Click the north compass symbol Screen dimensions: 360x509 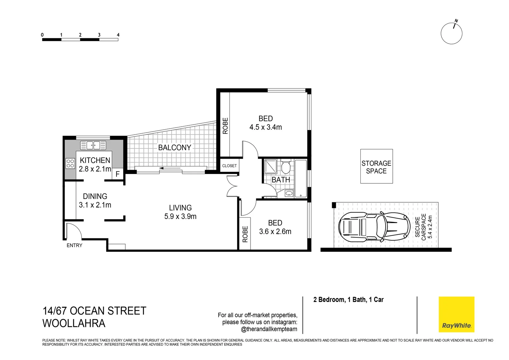pos(451,33)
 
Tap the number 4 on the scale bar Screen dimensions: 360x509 pos(118,35)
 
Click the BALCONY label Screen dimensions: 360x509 pos(175,147)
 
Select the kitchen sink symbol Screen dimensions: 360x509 pos(93,145)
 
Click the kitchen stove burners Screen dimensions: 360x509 pos(70,163)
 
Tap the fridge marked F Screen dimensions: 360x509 pos(118,174)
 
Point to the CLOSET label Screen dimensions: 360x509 pos(229,166)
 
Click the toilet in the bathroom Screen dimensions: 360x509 pos(285,166)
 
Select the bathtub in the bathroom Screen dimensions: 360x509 pos(300,178)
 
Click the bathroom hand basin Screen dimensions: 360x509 pos(289,193)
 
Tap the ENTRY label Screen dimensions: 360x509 pos(74,245)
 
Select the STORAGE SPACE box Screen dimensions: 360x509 pos(376,167)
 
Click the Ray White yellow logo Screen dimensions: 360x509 pos(456,314)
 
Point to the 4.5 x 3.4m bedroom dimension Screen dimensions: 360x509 pos(265,127)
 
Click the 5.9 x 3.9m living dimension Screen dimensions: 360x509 pos(180,217)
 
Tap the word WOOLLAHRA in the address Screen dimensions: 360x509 pos(74,323)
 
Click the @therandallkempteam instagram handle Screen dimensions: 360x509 pos(269,329)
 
